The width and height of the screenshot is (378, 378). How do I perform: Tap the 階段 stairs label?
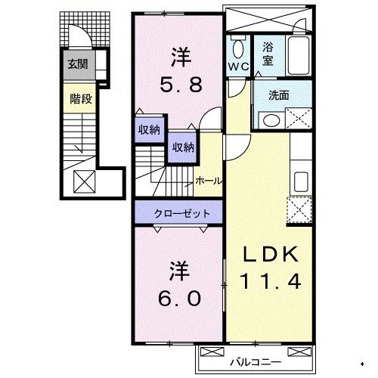(77, 98)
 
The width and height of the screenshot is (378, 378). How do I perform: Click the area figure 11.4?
(271, 281)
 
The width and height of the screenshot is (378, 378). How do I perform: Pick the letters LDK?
(271, 254)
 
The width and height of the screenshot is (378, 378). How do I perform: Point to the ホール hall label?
(208, 181)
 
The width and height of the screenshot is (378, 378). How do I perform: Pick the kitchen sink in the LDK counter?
(299, 180)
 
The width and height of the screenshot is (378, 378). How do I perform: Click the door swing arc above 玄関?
(78, 36)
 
